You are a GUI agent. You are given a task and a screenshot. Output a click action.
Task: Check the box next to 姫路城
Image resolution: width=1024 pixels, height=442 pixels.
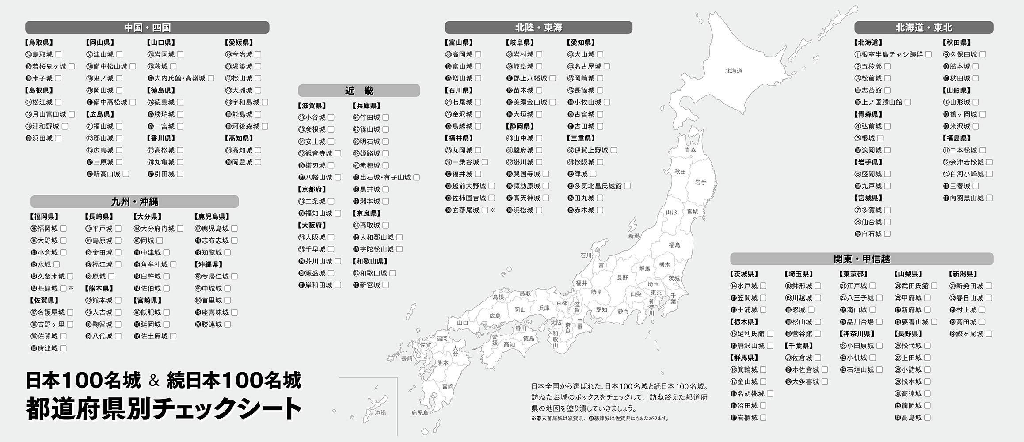coord(386,153)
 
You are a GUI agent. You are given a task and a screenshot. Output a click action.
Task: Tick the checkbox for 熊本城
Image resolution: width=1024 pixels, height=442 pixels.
coord(118,300)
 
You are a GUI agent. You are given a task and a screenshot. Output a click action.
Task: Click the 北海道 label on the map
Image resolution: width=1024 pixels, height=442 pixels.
coord(734,71)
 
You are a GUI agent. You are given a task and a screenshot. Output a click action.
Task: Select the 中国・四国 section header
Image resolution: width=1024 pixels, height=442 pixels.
coord(147,27)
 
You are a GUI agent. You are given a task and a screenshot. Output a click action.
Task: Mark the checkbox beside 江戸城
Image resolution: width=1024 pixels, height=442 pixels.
coord(872,286)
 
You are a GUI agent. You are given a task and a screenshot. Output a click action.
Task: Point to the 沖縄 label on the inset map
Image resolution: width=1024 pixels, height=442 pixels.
coord(380,413)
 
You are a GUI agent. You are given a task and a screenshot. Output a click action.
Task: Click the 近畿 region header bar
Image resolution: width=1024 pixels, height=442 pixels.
coord(359,91)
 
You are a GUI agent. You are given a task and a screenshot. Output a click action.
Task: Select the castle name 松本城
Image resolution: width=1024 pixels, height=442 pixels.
coord(908,381)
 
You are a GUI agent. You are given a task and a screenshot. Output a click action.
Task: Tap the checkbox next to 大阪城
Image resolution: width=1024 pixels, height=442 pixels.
coord(331,237)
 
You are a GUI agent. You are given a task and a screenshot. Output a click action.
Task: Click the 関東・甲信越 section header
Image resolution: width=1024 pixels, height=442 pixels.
coord(861,259)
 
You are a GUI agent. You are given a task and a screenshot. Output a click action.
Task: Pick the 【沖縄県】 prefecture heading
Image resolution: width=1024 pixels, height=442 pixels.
coord(208,264)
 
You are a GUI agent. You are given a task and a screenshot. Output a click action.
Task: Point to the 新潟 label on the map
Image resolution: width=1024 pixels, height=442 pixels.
coord(634,236)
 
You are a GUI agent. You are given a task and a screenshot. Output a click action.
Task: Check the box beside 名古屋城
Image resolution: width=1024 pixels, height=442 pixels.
coord(607,66)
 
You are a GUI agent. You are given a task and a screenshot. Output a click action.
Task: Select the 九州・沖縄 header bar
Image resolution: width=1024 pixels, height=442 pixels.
coord(134,202)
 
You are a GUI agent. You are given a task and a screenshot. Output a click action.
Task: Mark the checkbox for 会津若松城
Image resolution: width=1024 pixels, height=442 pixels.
coord(989,162)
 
